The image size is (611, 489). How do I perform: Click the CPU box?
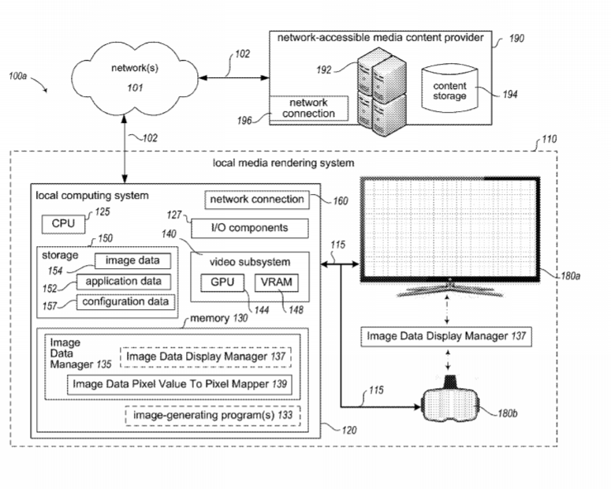63,224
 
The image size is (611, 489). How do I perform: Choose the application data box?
123,281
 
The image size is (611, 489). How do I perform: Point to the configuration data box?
126,301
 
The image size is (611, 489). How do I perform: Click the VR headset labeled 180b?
451,402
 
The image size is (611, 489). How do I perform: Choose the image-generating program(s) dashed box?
214,414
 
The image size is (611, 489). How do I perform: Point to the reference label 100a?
18,77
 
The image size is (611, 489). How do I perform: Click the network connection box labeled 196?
308,109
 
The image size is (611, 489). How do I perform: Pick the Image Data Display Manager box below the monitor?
446,337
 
